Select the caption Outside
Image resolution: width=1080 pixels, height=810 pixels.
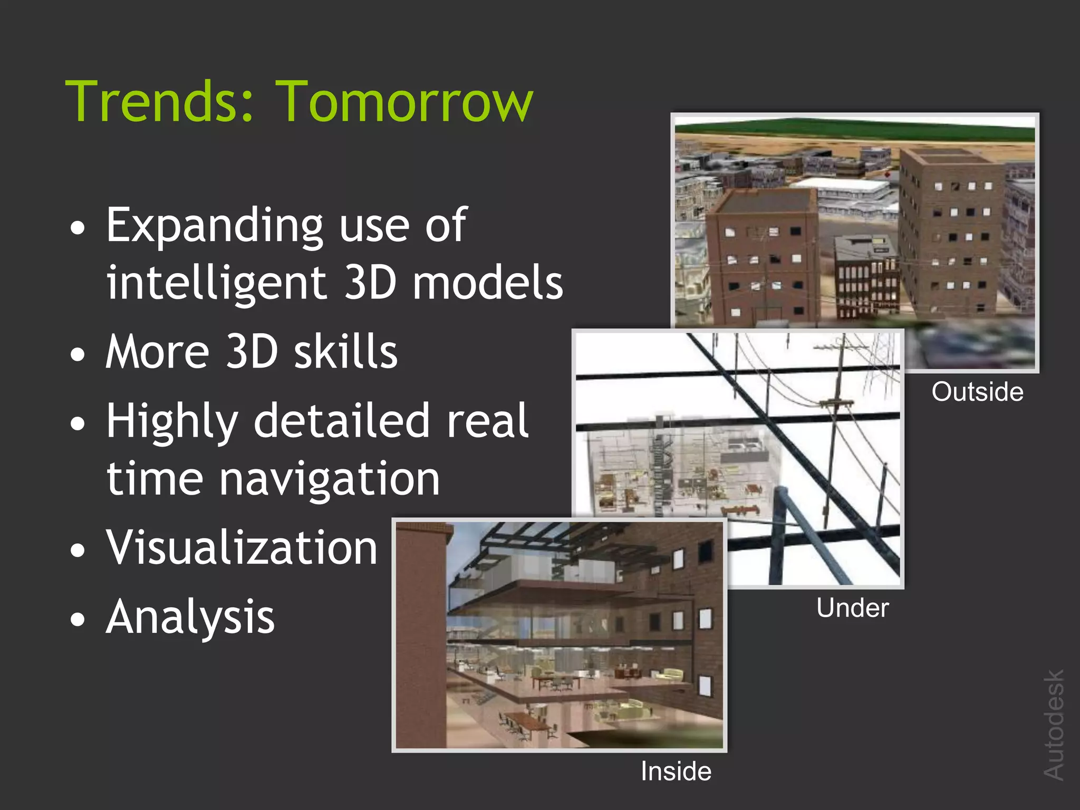[977, 392]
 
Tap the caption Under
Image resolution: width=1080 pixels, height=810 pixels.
[852, 608]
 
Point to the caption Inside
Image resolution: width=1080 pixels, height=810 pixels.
[676, 772]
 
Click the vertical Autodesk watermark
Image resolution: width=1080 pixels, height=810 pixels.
[1054, 725]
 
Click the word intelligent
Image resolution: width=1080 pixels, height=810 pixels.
[216, 283]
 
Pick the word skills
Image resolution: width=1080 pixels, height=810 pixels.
[345, 352]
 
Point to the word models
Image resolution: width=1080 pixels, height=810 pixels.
[488, 283]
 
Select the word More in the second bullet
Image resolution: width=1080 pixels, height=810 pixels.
[157, 352]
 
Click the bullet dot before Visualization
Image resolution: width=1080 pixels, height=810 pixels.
[78, 549]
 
